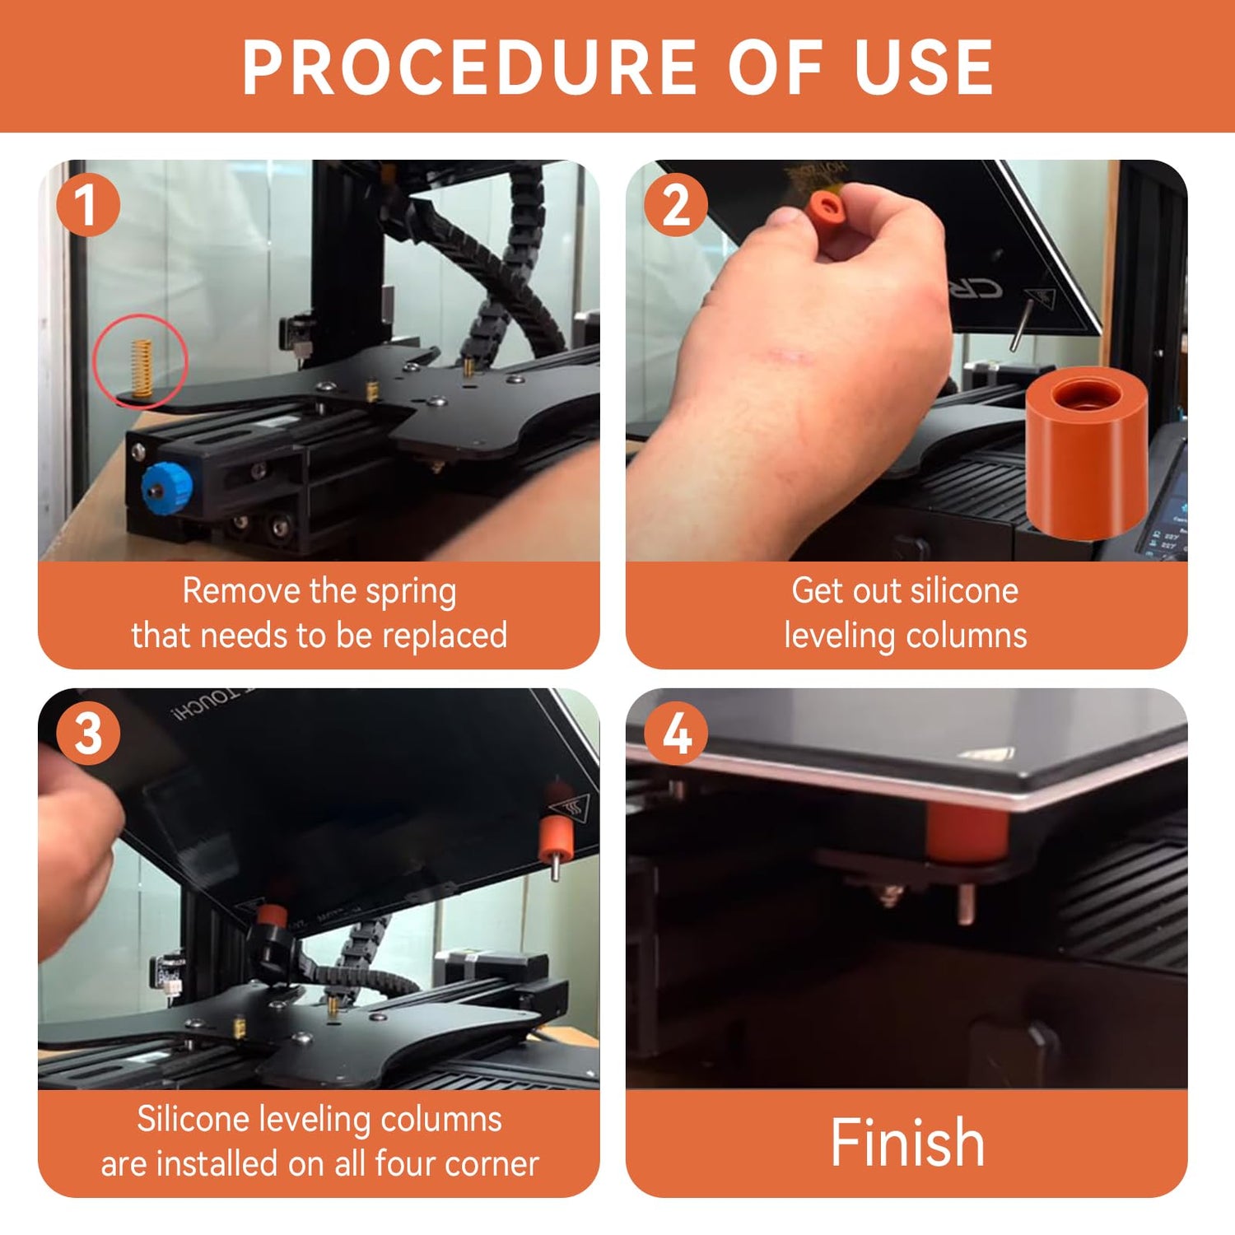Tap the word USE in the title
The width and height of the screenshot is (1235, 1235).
coord(924,68)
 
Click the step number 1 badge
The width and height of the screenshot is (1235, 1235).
coord(88,205)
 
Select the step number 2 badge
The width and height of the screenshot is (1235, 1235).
coord(676,205)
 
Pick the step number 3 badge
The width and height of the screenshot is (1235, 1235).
coord(88,734)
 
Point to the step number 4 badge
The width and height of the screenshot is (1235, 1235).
coord(676,734)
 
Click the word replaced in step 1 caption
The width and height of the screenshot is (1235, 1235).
coord(445,636)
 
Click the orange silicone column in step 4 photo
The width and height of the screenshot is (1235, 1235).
coord(967,832)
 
